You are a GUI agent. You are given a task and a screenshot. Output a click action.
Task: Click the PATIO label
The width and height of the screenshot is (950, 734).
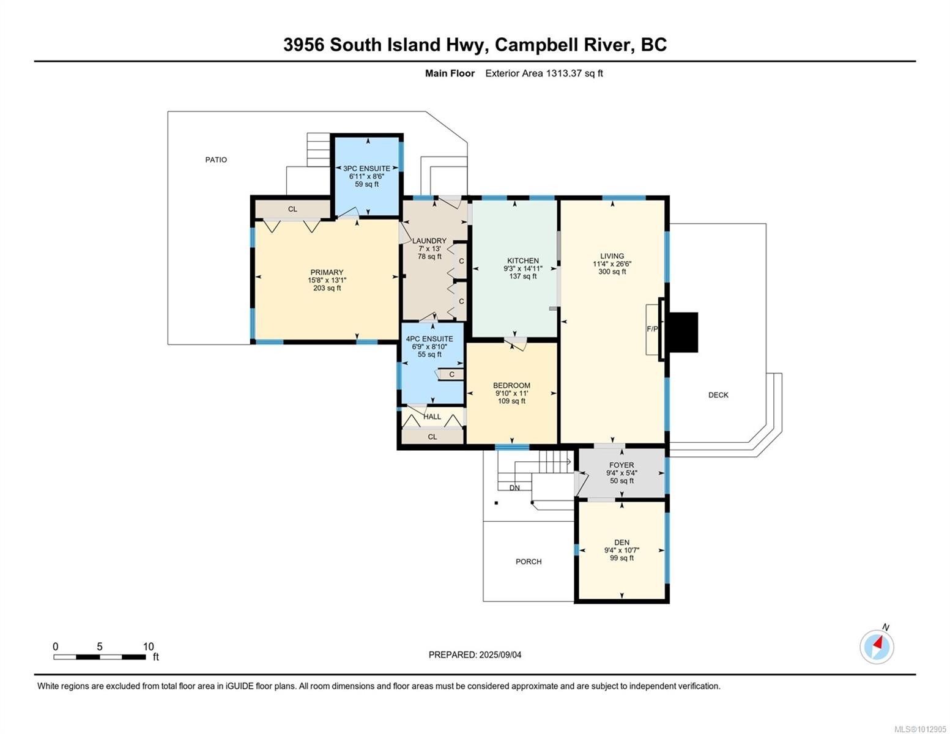click(216, 160)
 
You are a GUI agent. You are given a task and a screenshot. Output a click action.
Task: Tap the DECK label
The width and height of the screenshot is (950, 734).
click(718, 395)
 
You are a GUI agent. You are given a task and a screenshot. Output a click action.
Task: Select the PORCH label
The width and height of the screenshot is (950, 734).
click(529, 562)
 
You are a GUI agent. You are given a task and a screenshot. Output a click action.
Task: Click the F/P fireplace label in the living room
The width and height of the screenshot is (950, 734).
click(652, 329)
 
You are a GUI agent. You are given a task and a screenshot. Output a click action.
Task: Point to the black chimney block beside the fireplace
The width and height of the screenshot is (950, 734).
click(682, 332)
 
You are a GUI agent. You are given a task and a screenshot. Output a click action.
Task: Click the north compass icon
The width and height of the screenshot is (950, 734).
click(877, 646)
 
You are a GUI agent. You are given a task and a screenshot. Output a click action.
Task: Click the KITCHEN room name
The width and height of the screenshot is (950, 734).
click(522, 261)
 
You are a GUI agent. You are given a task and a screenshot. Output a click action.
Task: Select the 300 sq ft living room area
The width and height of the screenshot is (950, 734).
click(612, 272)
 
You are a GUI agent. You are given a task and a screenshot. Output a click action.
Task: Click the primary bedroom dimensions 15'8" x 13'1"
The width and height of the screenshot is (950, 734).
click(327, 281)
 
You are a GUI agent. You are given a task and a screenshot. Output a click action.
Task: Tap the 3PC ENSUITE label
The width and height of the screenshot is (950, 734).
click(366, 169)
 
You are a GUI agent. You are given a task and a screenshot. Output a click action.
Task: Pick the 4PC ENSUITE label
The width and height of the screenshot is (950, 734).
click(429, 339)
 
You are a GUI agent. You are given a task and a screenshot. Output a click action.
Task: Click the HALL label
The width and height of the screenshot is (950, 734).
click(432, 417)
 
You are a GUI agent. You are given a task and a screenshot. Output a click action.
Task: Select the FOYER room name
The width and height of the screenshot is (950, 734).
click(622, 465)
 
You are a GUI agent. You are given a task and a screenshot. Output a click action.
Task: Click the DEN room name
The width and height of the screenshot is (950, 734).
click(622, 543)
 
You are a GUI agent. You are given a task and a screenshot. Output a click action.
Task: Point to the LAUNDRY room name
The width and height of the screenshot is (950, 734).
click(429, 241)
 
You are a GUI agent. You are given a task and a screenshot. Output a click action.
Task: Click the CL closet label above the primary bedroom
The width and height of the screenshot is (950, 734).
click(292, 209)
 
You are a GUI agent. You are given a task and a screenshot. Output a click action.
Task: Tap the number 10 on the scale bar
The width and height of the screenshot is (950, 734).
click(148, 647)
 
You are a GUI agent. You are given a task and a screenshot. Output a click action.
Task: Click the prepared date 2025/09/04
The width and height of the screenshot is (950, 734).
click(500, 655)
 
